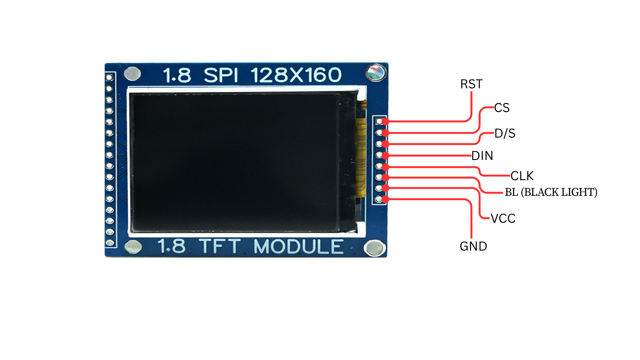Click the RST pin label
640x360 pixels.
[471, 84]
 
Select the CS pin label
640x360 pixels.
[502, 108]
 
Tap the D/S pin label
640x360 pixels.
[505, 133]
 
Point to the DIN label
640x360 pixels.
[482, 156]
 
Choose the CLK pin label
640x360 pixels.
[522, 176]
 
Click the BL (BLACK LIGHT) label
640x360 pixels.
[551, 192]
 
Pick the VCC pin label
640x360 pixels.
[503, 219]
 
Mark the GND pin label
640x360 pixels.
[473, 246]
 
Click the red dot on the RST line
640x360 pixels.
[386, 121]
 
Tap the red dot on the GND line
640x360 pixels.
[386, 199]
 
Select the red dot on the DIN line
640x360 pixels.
[386, 156]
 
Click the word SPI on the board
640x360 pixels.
[221, 75]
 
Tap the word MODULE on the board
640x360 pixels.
[299, 247]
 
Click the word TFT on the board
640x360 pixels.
[220, 246]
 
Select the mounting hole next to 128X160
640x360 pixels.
[376, 72]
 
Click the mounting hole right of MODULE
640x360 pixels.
[374, 248]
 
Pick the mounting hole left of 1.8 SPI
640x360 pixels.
[132, 74]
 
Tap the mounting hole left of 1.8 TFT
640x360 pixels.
[133, 247]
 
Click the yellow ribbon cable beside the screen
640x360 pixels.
[361, 157]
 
